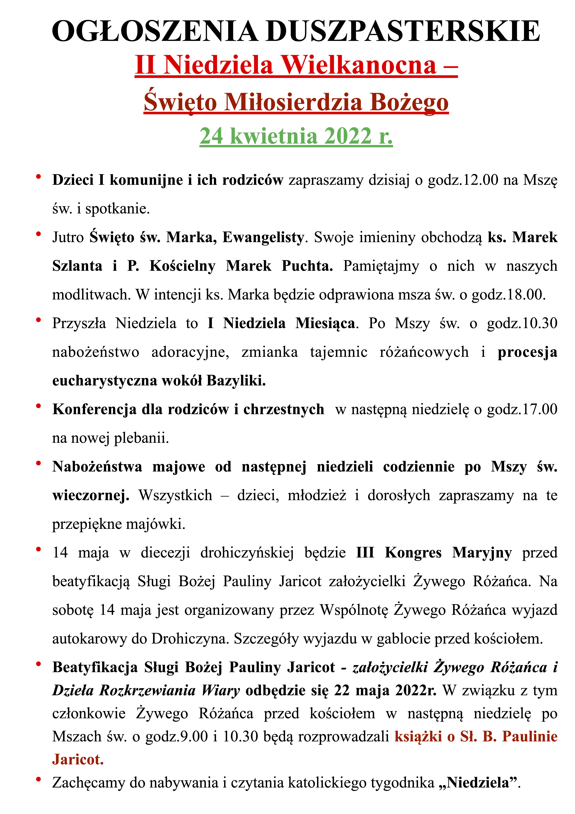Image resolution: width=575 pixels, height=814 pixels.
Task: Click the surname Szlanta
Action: (x=77, y=266)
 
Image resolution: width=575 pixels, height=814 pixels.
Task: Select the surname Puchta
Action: (x=307, y=266)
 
